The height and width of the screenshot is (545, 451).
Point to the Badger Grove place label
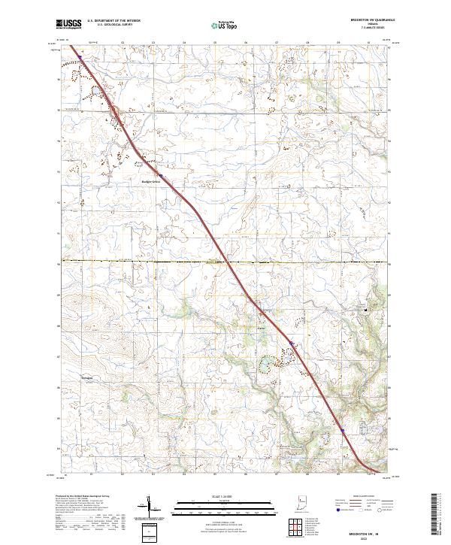pyautogui.click(x=152, y=180)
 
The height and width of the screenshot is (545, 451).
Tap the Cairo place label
pyautogui.click(x=262, y=327)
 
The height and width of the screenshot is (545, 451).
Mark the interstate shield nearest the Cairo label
pyautogui.click(x=292, y=345)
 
